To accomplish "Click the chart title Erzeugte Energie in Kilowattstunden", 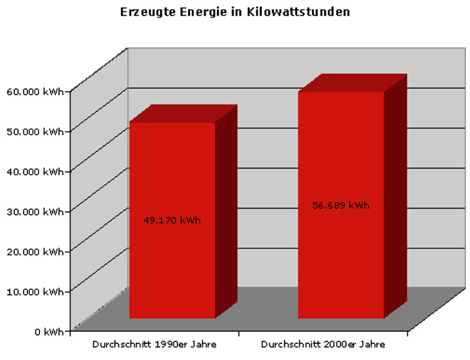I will [235, 12].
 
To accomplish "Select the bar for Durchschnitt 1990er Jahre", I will [172, 263].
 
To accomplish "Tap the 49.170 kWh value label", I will [172, 220].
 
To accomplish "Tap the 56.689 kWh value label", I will [340, 205].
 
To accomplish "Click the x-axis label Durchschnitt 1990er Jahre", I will [154, 344].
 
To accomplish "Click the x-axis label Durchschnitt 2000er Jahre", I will [323, 344].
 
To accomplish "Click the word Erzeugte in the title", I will [144, 12].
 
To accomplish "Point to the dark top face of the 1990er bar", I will [183, 113].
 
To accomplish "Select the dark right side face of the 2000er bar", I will [395, 194].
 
